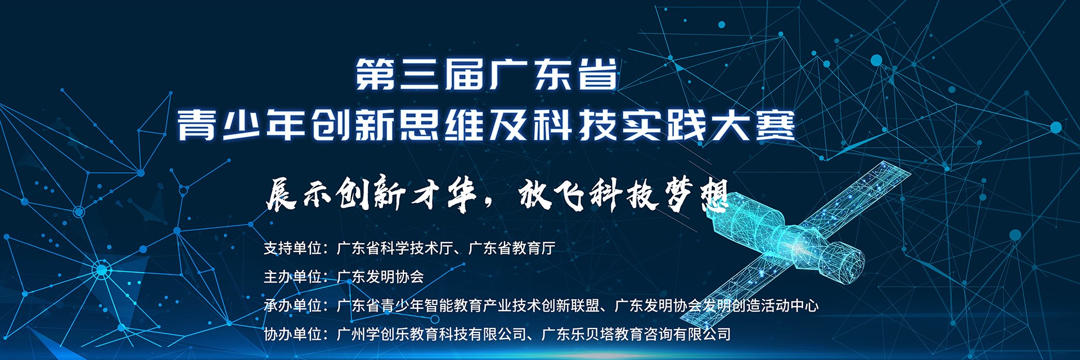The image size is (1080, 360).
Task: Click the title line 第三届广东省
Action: (x=487, y=74)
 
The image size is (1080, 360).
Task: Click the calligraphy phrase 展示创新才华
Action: (x=371, y=195)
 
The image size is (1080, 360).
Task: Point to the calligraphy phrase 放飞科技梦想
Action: (x=625, y=195)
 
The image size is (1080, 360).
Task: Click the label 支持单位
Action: (x=293, y=248)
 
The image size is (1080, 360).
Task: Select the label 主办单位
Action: (x=293, y=277)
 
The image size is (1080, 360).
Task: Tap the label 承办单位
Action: (x=293, y=305)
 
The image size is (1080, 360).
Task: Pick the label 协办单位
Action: (x=293, y=334)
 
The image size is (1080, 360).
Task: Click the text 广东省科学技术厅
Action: (x=394, y=248)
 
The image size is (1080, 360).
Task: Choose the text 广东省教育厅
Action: (x=512, y=248)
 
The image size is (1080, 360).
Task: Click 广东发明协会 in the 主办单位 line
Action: (x=380, y=277)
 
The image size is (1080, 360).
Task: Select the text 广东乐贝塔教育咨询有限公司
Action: (x=636, y=334)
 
